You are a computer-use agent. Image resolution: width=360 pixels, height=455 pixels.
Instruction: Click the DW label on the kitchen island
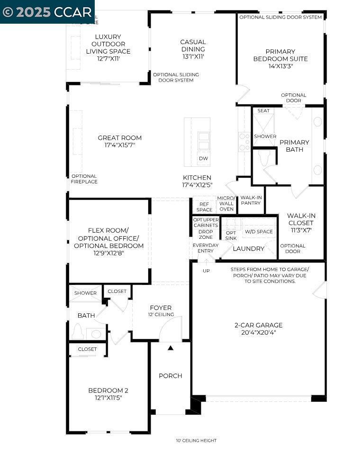pos(203,158)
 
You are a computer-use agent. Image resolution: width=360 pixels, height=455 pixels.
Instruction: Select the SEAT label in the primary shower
pos(263,111)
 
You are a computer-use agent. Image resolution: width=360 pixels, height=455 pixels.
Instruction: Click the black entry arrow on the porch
pos(171,348)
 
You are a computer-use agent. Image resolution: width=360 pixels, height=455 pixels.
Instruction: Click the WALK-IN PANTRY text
pos(251,200)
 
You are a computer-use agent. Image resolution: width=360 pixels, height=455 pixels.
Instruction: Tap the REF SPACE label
pos(204,207)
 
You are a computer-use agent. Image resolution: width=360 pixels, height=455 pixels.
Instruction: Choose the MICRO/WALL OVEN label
pos(226,203)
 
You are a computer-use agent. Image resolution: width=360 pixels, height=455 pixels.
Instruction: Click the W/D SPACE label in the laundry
pos(258,232)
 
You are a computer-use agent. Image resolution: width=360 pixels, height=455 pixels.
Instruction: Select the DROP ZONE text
pos(206,234)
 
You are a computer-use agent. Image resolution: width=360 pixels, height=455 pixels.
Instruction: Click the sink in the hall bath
pos(96,334)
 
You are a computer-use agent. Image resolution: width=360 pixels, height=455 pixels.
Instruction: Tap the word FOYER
pos(161,308)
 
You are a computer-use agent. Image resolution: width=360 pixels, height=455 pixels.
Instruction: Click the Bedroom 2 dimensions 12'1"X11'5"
pos(108,399)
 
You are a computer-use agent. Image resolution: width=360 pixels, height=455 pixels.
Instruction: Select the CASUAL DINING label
pos(193,45)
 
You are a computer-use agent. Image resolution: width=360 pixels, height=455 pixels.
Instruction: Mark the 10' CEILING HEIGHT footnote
pos(196,441)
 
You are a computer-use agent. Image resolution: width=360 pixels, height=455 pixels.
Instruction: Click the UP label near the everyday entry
pos(206,271)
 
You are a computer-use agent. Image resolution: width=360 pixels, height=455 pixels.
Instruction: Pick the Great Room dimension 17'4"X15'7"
pos(120,146)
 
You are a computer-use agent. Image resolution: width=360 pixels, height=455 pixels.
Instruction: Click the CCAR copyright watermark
pos(47,11)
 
